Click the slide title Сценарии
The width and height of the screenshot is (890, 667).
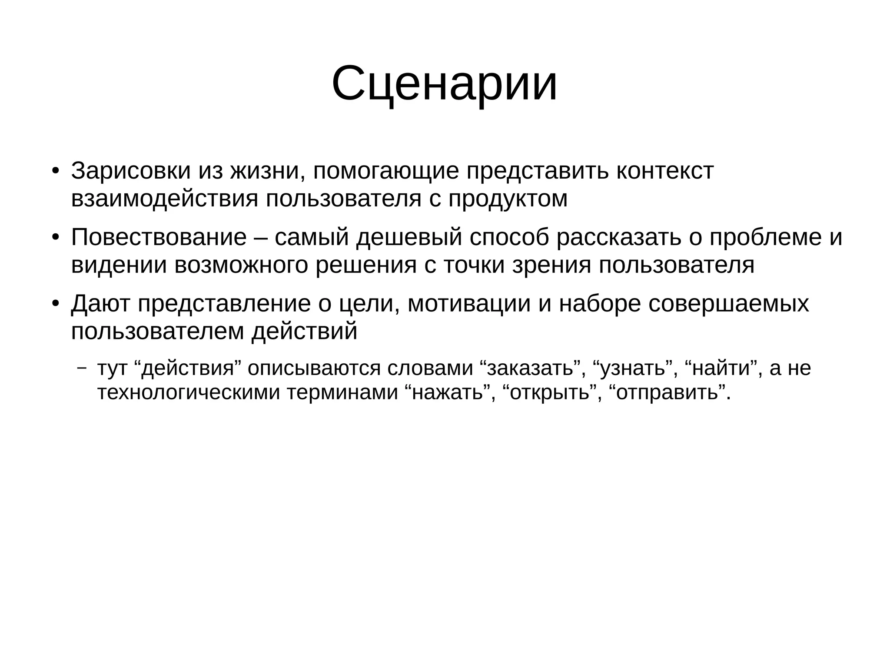point(444,83)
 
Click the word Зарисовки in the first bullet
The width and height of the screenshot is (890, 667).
point(131,171)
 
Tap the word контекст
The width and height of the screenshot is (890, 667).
point(665,171)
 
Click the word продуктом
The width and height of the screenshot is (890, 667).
point(508,199)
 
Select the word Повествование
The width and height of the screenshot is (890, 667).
point(159,237)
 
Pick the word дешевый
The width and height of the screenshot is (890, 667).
point(409,237)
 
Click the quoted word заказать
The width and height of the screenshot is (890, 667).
point(530,368)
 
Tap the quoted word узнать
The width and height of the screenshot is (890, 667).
point(633,368)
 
